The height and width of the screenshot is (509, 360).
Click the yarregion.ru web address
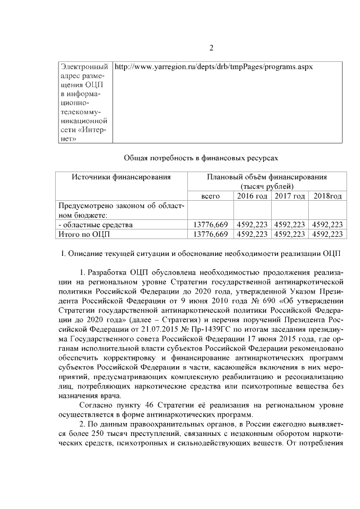click(x=213, y=66)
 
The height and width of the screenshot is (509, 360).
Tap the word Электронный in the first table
click(x=84, y=66)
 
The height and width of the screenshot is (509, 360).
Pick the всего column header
click(x=210, y=196)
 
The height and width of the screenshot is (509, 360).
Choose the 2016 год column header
click(x=251, y=196)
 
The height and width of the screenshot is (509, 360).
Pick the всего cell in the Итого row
click(x=210, y=233)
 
